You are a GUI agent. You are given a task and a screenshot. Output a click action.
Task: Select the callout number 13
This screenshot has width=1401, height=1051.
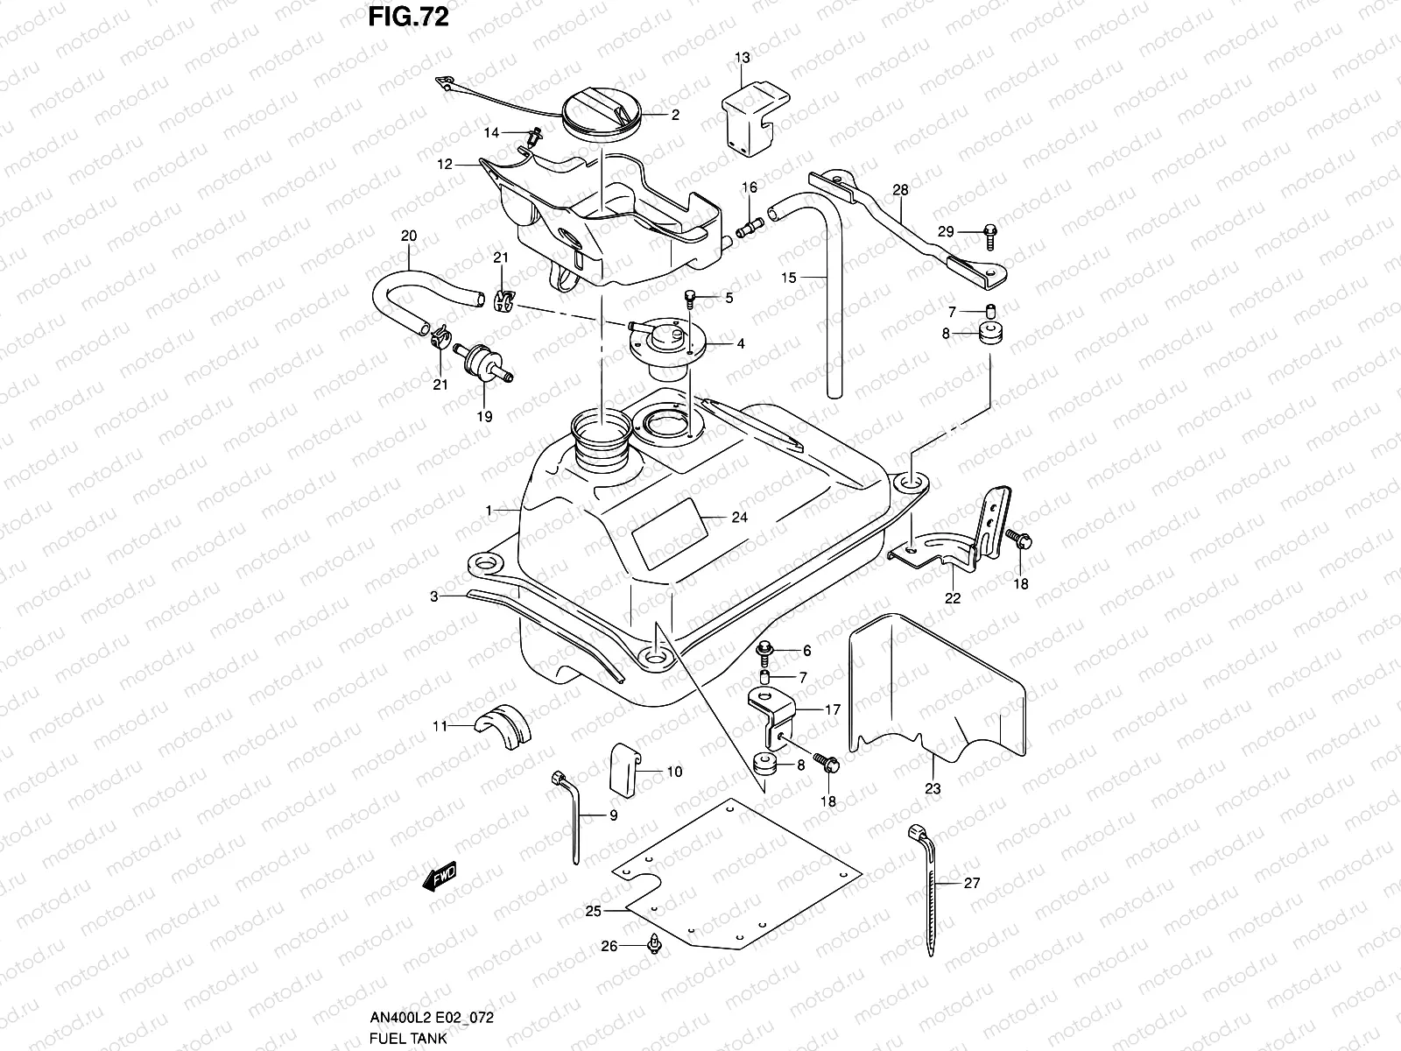[742, 58]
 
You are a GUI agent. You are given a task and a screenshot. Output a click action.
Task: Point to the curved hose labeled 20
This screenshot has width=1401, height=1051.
[411, 281]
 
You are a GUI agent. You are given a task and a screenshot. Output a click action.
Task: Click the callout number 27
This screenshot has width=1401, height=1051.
[972, 883]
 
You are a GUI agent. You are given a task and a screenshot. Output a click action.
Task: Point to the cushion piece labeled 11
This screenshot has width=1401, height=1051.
[503, 723]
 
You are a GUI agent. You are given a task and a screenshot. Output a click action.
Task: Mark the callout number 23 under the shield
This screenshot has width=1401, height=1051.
[933, 788]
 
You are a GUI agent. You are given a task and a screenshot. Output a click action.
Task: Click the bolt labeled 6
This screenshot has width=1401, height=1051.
[764, 651]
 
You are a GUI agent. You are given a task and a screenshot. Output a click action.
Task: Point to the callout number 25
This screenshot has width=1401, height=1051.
[594, 911]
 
